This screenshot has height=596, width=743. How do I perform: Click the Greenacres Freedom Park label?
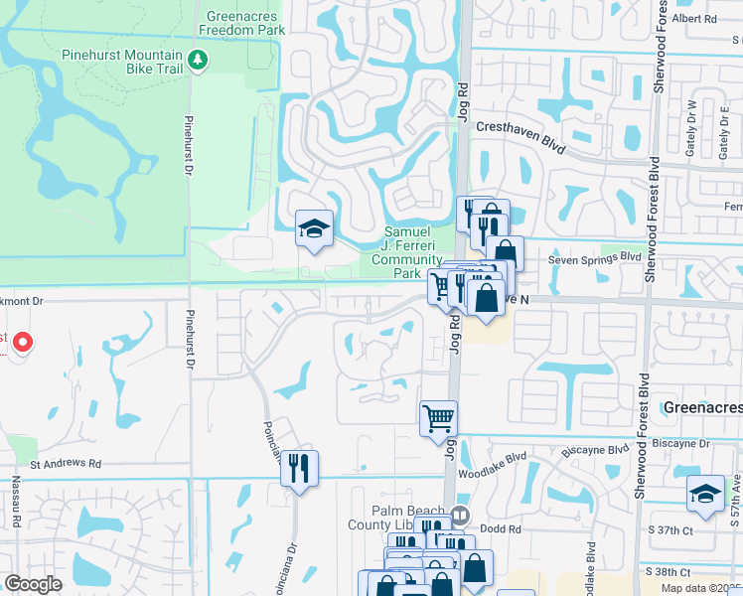(x=241, y=23)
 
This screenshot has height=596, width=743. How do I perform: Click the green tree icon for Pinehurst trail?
(x=198, y=61)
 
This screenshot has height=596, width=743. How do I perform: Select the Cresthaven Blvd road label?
(x=520, y=134)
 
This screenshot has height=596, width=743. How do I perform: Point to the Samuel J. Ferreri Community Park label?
(x=406, y=252)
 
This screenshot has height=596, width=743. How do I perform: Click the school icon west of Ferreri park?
(x=314, y=229)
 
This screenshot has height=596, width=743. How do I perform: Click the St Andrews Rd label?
(x=66, y=464)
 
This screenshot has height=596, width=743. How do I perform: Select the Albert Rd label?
(x=693, y=19)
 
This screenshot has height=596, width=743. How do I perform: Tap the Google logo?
(x=33, y=584)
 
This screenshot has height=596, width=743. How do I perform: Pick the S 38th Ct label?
(x=693, y=573)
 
